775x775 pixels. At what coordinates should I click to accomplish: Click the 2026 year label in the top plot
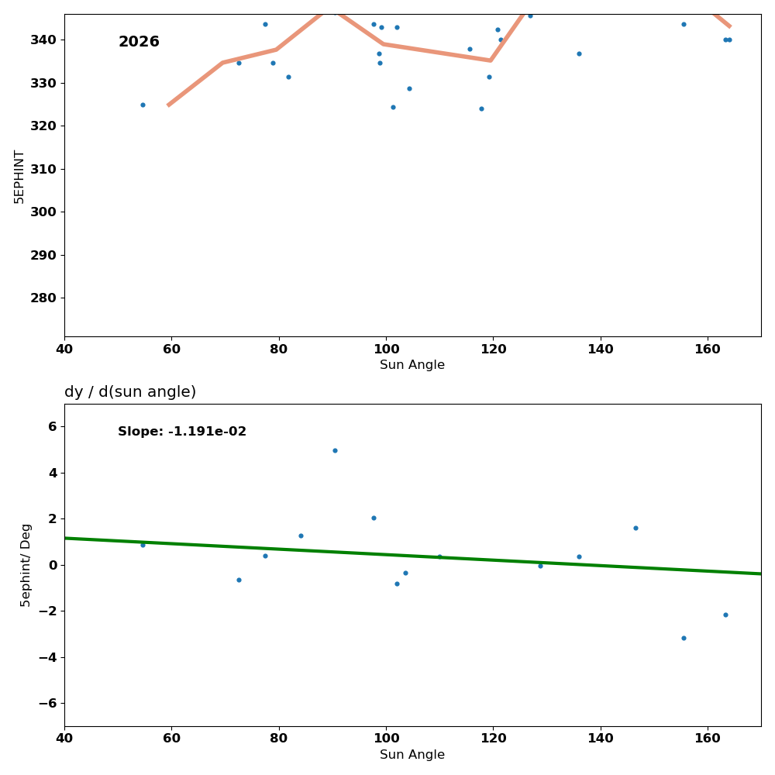[139, 42]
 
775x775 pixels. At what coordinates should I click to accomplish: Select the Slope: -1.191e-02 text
[182, 432]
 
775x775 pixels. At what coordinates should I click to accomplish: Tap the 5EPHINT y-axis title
[19, 177]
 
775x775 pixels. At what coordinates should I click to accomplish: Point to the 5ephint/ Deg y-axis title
[26, 565]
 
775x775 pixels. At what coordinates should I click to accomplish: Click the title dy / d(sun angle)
[130, 392]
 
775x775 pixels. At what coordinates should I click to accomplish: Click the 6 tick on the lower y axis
[53, 426]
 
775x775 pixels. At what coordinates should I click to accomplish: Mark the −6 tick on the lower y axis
[48, 703]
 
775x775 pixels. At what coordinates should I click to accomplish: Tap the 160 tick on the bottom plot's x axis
[708, 738]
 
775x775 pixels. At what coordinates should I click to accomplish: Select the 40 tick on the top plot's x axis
[64, 349]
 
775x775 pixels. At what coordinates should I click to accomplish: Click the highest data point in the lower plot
[335, 450]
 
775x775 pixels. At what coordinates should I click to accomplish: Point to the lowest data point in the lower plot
[684, 638]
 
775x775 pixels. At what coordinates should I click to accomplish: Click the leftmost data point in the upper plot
[143, 105]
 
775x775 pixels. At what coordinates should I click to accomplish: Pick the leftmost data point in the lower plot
[143, 545]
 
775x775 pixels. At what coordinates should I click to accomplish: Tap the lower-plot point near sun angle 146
[635, 528]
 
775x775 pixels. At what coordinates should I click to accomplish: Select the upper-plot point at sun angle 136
[579, 53]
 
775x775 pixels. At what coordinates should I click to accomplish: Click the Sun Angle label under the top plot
[412, 365]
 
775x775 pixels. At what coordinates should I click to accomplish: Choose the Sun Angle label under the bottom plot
[412, 755]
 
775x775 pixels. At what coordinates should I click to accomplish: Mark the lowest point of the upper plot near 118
[481, 108]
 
